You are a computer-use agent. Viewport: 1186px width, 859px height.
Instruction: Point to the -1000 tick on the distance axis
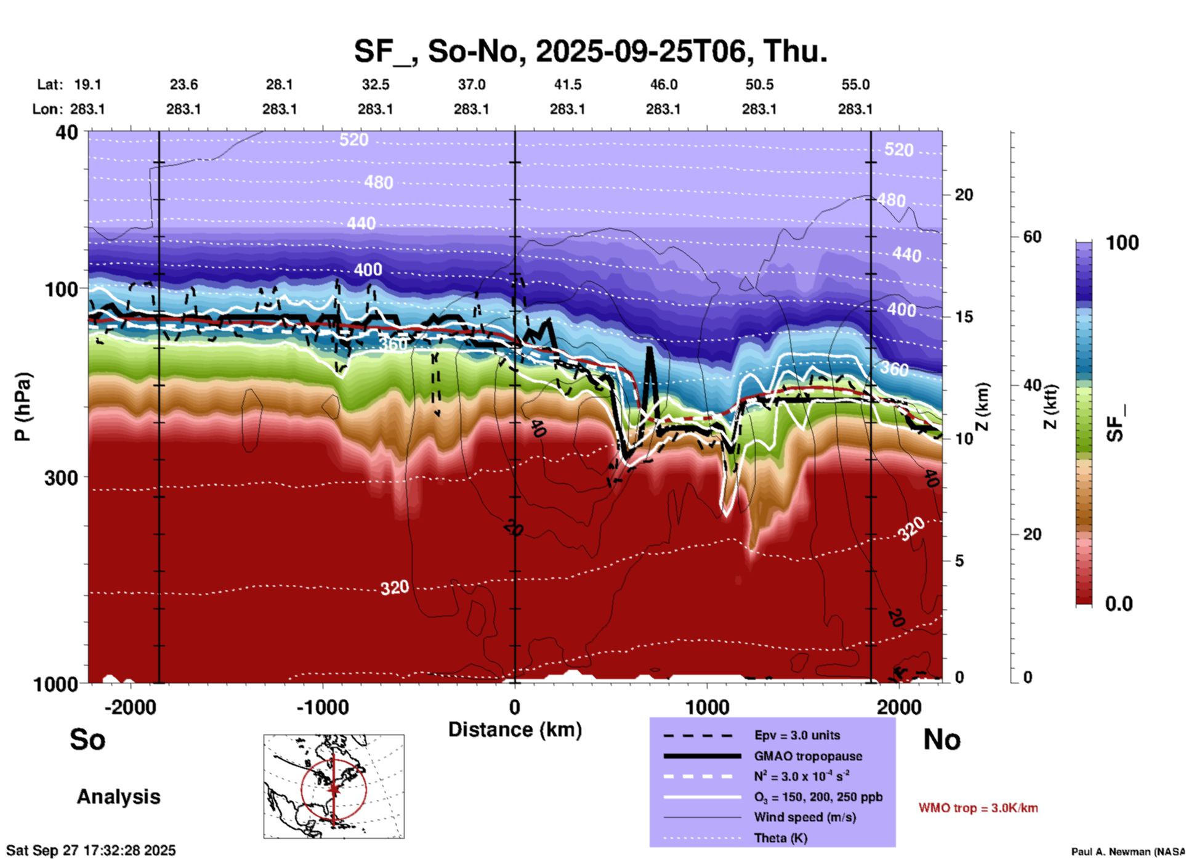coord(323,707)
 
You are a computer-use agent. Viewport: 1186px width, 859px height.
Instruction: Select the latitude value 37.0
coord(472,84)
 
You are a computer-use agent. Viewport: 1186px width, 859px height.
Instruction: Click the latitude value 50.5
coord(759,84)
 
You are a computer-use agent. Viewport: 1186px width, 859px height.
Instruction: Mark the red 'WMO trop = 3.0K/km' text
coord(978,808)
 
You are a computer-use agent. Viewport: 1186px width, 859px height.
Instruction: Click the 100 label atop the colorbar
coord(1122,243)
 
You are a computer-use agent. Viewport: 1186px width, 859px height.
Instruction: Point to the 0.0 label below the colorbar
coord(1119,603)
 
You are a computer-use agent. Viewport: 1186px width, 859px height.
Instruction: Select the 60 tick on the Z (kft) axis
coord(1032,237)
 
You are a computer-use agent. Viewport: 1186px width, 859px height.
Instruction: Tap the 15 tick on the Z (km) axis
coord(964,317)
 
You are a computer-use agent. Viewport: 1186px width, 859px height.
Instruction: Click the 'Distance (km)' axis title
coord(515,730)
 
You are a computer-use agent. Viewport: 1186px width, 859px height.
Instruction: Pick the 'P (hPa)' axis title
coord(23,407)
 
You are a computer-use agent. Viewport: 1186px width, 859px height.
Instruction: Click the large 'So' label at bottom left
coord(87,739)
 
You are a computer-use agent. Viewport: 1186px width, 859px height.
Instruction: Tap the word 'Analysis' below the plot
coord(118,797)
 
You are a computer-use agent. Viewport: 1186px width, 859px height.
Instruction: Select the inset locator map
coord(334,786)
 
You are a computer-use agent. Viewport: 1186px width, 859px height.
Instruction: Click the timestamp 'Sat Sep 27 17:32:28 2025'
coord(91,850)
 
